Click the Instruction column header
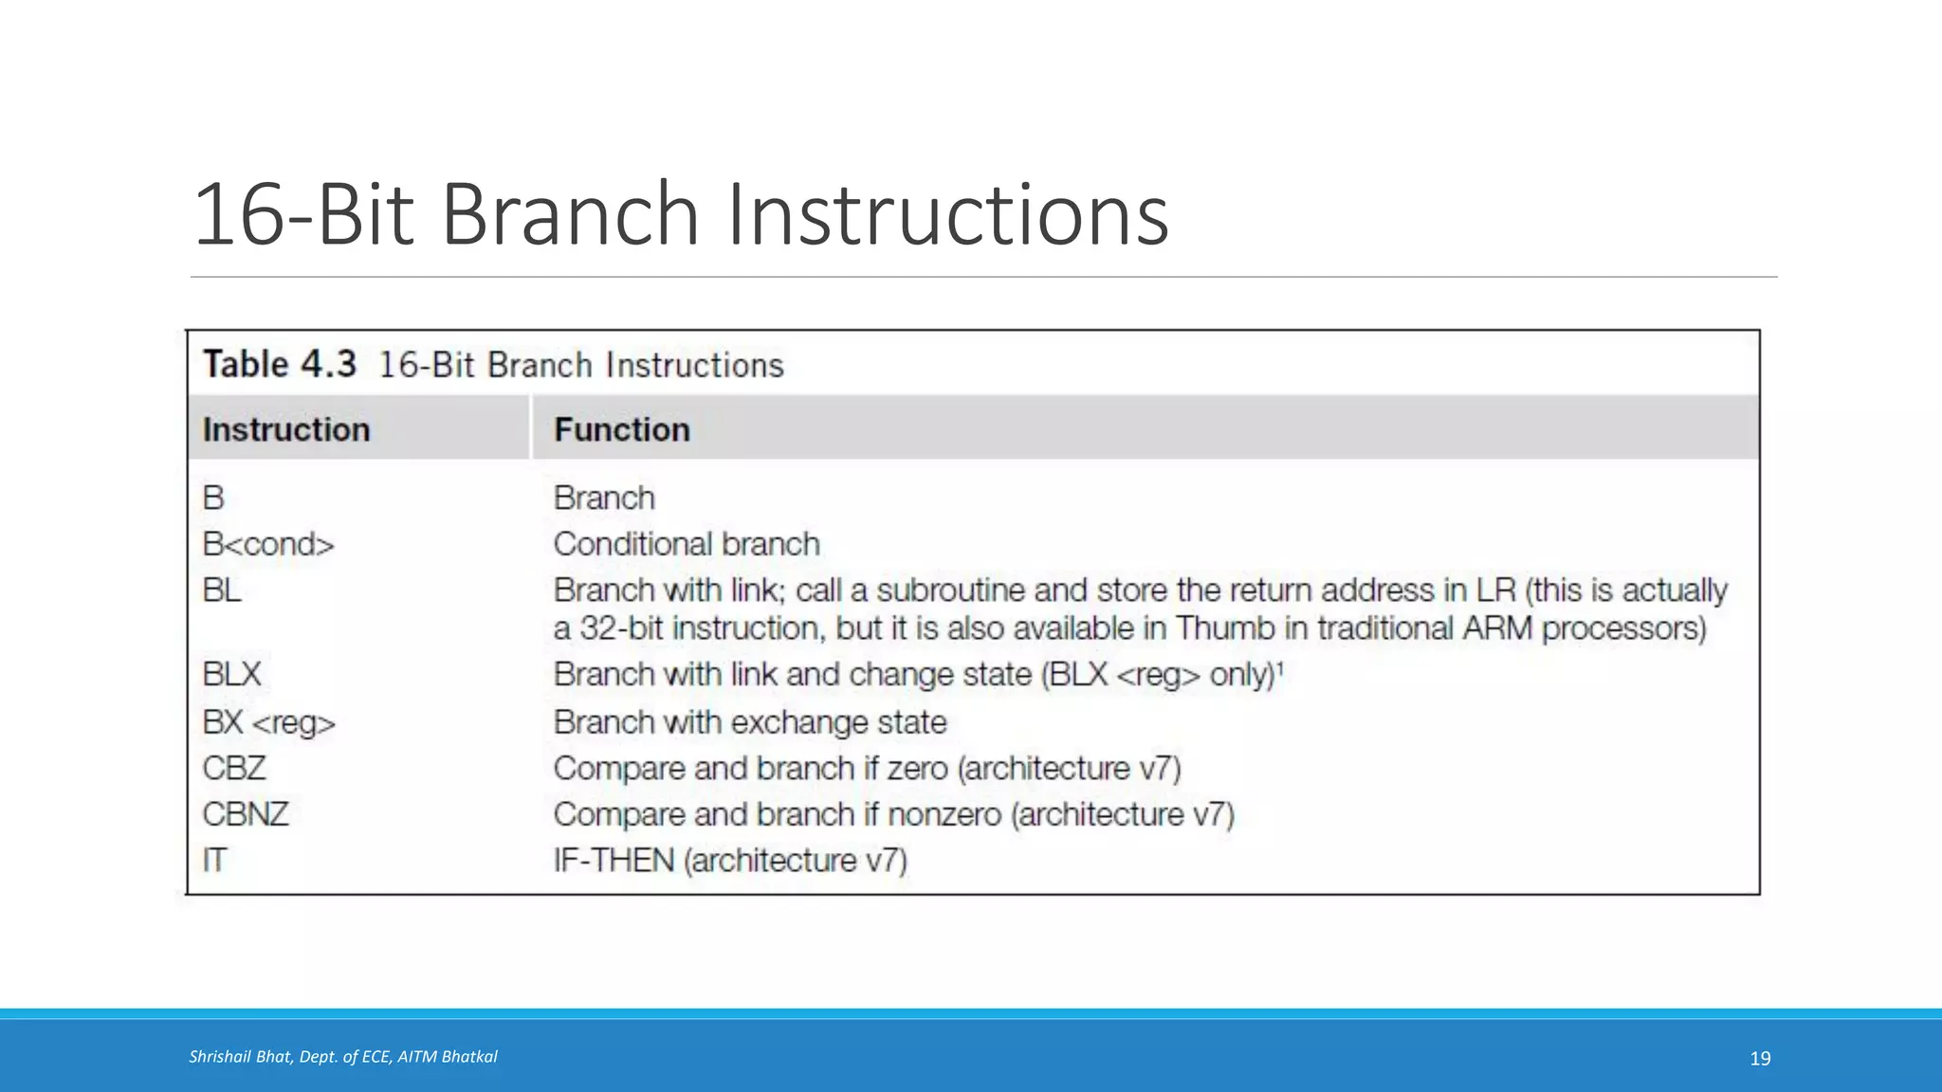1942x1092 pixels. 285,429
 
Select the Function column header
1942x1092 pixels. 621,429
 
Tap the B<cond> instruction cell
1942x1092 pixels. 268,544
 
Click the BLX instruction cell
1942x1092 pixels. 231,674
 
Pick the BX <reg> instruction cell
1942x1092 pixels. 268,722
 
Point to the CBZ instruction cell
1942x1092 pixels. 234,768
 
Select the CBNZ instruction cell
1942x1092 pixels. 246,814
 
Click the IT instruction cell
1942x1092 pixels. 214,861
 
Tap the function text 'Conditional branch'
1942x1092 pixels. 687,544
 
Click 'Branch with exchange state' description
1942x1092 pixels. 749,722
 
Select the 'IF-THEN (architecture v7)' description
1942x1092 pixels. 730,861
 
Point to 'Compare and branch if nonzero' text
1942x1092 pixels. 778,814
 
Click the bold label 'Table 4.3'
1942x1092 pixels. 280,364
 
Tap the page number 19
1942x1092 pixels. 1760,1059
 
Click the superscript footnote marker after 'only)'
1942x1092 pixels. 1280,667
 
